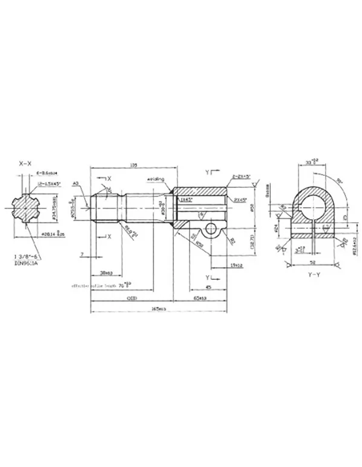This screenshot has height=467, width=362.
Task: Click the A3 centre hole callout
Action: click(75, 184)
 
